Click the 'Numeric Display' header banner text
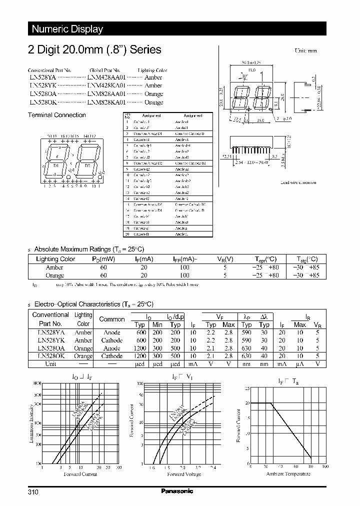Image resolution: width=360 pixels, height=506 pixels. [67, 29]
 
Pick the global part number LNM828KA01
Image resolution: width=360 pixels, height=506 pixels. [105, 102]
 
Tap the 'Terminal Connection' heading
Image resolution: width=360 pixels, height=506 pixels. [56, 115]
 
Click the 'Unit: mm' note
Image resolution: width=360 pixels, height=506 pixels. [306, 51]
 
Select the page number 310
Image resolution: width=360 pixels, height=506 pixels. [33, 492]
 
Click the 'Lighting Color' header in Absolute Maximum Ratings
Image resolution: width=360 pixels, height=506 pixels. [55, 259]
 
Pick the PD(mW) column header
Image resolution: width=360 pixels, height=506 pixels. [103, 259]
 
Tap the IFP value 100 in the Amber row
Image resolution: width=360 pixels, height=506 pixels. [184, 267]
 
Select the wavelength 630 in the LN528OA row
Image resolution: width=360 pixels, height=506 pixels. [246, 348]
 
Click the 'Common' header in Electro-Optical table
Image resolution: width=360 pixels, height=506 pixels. [112, 319]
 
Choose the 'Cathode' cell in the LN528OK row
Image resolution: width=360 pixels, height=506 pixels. [112, 356]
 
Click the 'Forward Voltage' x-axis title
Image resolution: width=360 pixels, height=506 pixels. [184, 474]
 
